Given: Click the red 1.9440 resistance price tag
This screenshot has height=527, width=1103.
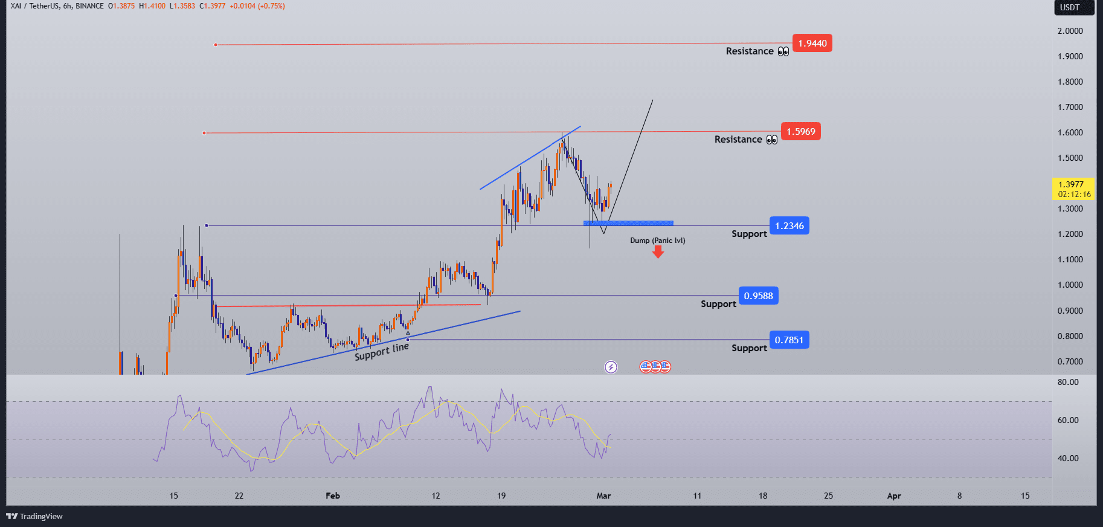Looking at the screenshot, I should point(812,44).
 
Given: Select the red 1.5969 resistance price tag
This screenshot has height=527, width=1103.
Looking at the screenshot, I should point(800,132).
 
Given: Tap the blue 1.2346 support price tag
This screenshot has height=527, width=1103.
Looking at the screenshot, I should point(789,226).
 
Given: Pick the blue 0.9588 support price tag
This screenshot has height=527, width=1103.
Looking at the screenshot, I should point(758,296).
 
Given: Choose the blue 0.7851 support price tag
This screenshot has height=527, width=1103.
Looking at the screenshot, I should point(789,340).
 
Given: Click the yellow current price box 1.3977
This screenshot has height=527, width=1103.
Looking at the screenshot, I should point(1072,189).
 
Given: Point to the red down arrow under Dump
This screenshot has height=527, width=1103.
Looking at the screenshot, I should point(658,252).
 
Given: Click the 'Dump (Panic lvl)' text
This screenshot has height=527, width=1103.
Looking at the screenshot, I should point(657,241).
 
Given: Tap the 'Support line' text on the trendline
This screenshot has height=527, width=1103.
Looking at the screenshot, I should point(382,352).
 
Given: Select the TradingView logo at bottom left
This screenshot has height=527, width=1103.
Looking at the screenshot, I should point(34,516).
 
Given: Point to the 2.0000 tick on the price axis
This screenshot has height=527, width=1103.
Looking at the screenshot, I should point(1070,31).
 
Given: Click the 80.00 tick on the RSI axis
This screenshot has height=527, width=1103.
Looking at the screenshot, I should point(1067,382).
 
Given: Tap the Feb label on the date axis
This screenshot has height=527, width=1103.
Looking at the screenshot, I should point(333,496).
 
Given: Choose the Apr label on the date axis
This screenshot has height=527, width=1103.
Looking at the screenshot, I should point(893,496).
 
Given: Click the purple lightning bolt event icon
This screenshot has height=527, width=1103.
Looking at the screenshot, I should point(611,367).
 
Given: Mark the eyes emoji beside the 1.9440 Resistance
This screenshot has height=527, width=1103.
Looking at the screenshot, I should point(783,52).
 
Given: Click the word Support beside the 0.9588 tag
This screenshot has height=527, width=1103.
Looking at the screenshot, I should point(718,304).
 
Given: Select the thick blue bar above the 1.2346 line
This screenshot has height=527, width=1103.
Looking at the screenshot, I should point(628,223).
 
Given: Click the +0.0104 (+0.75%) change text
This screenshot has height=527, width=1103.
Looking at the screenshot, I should point(257,6).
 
